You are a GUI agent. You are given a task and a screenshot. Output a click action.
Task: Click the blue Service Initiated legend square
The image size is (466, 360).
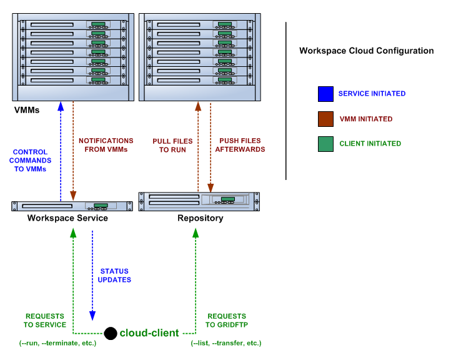(x=325, y=94)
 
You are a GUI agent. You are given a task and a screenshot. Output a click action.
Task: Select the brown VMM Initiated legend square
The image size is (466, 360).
(x=325, y=119)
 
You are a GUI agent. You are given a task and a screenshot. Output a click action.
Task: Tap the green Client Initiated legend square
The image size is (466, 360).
(x=325, y=144)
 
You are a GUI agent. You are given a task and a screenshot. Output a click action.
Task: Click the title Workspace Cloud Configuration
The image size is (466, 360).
(x=366, y=51)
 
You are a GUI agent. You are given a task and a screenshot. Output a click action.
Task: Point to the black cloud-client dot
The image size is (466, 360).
(x=111, y=333)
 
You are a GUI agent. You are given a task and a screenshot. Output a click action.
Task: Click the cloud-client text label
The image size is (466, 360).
(x=149, y=333)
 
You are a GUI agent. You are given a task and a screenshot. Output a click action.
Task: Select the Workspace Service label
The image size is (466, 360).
(x=67, y=218)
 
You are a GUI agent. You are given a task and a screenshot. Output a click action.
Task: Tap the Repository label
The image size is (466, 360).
(x=200, y=219)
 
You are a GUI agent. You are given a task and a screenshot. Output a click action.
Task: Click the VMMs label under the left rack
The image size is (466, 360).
(x=27, y=111)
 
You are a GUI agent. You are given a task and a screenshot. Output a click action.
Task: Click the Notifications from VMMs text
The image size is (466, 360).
(x=106, y=145)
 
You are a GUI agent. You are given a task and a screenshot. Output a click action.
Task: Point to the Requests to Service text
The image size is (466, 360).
(x=45, y=320)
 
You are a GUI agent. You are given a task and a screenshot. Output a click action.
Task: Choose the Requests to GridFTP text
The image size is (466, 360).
(x=227, y=320)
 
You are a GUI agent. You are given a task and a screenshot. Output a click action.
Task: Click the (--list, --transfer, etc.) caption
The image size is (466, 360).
(x=226, y=343)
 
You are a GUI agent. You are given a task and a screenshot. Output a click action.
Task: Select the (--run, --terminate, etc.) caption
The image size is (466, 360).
(x=58, y=343)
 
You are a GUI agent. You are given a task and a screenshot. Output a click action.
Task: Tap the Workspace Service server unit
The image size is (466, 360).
(x=72, y=206)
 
